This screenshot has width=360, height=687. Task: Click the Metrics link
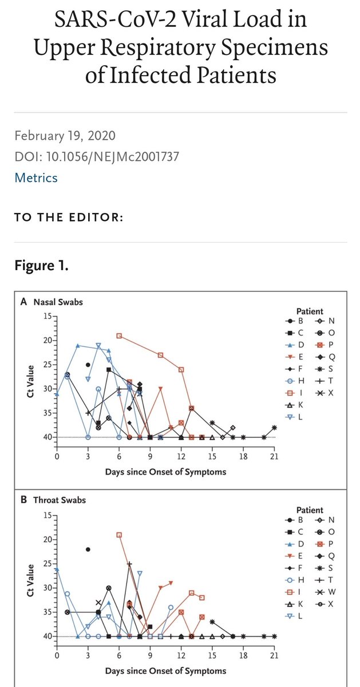tap(36, 177)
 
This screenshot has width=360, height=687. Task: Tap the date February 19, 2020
tap(65, 136)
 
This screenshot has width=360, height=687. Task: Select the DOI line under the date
tap(100, 156)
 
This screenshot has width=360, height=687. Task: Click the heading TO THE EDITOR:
tap(68, 218)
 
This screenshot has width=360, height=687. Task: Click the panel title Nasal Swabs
tap(58, 302)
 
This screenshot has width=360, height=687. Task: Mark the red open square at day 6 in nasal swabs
tap(119, 335)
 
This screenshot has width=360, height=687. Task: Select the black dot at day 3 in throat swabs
tap(88, 549)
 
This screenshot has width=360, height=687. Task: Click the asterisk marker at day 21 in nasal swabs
tap(275, 428)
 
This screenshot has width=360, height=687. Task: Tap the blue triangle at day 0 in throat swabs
tap(57, 568)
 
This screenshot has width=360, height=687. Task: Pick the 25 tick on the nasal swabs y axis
tap(48, 365)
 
